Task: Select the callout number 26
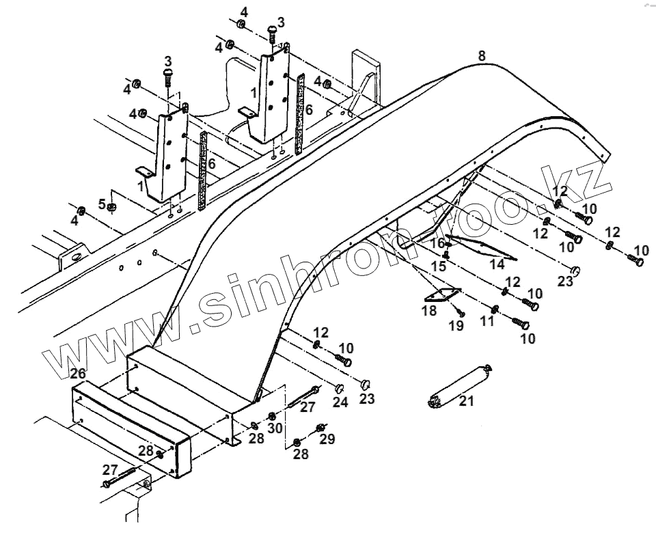click(78, 374)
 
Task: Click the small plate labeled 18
click(441, 295)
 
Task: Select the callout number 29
click(327, 439)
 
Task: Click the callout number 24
click(340, 402)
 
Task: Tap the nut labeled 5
click(113, 207)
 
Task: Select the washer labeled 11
click(494, 307)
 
